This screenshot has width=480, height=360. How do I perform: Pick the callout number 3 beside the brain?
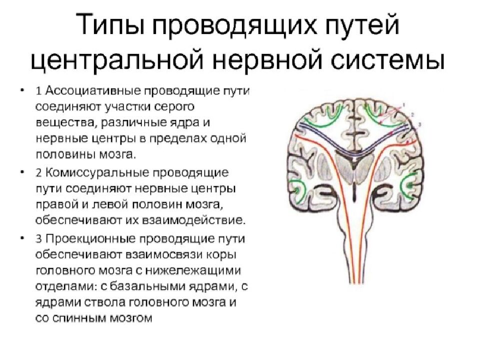[x=419, y=124]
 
